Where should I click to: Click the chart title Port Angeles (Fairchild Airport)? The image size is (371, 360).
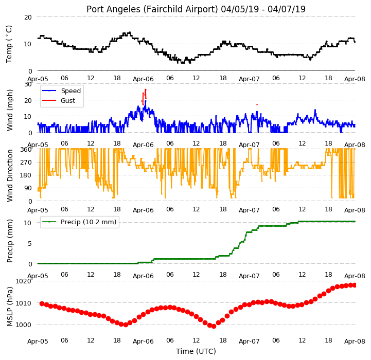152,9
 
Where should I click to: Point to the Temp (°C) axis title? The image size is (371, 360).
9,44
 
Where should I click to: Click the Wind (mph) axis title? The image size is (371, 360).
10,110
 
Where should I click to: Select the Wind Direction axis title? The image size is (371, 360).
10,175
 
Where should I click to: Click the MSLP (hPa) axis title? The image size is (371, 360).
10,307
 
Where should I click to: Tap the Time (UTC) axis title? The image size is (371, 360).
196,351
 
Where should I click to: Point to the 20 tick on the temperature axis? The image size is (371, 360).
28,17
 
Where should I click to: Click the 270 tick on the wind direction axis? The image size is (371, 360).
26,163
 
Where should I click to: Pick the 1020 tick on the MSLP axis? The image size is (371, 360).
24,281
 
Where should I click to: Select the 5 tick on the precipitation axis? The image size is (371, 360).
30,244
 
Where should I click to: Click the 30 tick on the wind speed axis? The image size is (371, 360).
28,84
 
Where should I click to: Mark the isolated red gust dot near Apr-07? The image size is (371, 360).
257,104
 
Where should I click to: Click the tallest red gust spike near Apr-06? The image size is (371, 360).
146,94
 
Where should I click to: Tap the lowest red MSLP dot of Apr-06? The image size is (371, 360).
214,327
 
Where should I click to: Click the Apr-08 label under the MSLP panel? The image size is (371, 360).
355,341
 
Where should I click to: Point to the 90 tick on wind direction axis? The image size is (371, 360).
28,188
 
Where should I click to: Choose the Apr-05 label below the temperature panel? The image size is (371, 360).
38,79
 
